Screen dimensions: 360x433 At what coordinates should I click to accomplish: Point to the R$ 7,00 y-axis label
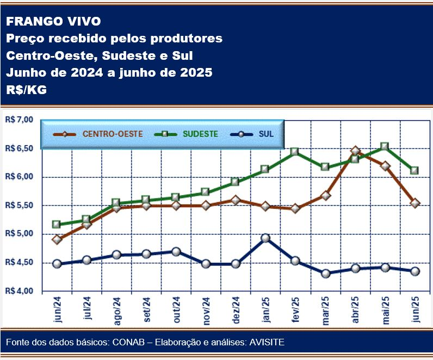coord(19,120)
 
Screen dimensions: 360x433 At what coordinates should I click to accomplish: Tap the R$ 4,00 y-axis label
coord(19,291)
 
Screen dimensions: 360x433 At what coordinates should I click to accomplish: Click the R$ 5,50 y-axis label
coord(19,206)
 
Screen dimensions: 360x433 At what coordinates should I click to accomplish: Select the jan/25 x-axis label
coord(265,311)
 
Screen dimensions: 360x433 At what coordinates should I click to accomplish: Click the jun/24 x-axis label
coord(58,311)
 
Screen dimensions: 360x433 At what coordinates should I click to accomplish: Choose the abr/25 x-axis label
coord(355,311)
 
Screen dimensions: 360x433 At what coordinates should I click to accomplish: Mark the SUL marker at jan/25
coord(265,238)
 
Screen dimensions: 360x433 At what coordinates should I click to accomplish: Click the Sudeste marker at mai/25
coord(385,146)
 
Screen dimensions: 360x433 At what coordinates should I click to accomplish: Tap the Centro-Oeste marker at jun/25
coord(415,203)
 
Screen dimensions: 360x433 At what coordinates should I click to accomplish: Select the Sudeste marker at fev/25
coord(295,152)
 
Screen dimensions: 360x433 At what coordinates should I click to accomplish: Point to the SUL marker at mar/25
coord(325,274)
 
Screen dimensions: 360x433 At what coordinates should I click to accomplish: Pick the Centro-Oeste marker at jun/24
coord(57,239)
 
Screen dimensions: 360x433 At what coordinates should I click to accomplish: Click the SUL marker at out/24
coord(176,252)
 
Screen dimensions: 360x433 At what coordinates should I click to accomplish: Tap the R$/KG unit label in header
coord(27,90)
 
